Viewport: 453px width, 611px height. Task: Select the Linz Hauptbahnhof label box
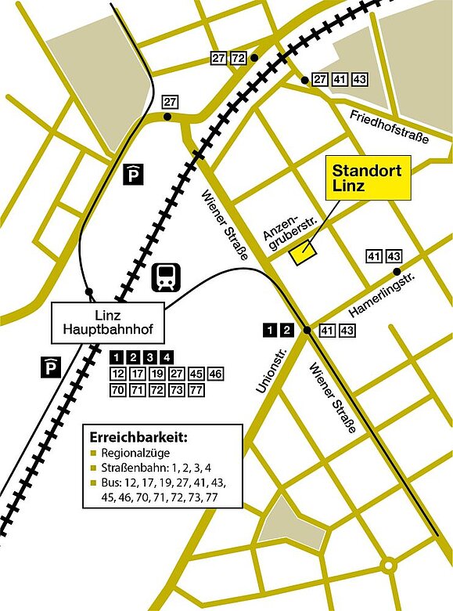point(107,323)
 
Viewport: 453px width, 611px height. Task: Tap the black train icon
point(167,277)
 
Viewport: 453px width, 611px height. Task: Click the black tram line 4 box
point(167,358)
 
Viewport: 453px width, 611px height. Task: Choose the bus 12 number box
point(119,373)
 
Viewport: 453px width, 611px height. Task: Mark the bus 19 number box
point(157,373)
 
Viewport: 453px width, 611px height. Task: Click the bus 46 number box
point(215,373)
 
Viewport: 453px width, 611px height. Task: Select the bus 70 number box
point(119,389)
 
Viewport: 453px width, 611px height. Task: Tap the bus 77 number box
point(196,389)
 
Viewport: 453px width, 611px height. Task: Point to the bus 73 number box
point(177,389)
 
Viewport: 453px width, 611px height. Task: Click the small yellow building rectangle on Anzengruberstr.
point(301,253)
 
